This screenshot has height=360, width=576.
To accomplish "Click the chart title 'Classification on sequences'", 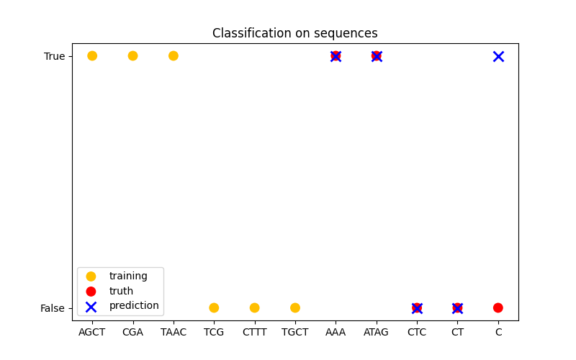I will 294,34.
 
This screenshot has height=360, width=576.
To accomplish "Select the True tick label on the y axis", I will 54,56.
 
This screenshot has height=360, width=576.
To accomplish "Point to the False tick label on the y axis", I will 53,308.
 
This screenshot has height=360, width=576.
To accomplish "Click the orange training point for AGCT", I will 92,56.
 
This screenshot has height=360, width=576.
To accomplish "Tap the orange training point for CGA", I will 132,56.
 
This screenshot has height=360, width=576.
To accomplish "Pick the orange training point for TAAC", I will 174,56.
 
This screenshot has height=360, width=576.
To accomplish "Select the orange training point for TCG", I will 214,308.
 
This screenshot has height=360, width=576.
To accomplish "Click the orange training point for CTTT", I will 254,308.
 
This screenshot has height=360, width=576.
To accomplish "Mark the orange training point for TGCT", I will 295,308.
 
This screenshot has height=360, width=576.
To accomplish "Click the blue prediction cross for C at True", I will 498,56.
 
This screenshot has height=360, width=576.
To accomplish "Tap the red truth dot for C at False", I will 498,308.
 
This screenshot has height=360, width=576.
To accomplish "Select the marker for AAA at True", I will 336,56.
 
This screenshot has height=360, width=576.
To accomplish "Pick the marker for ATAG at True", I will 377,56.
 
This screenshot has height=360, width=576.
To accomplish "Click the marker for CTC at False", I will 417,308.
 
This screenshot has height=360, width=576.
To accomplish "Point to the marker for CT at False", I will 457,308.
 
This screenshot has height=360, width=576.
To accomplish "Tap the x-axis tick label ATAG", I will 377,332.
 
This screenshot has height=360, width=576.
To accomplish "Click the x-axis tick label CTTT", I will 254,332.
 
